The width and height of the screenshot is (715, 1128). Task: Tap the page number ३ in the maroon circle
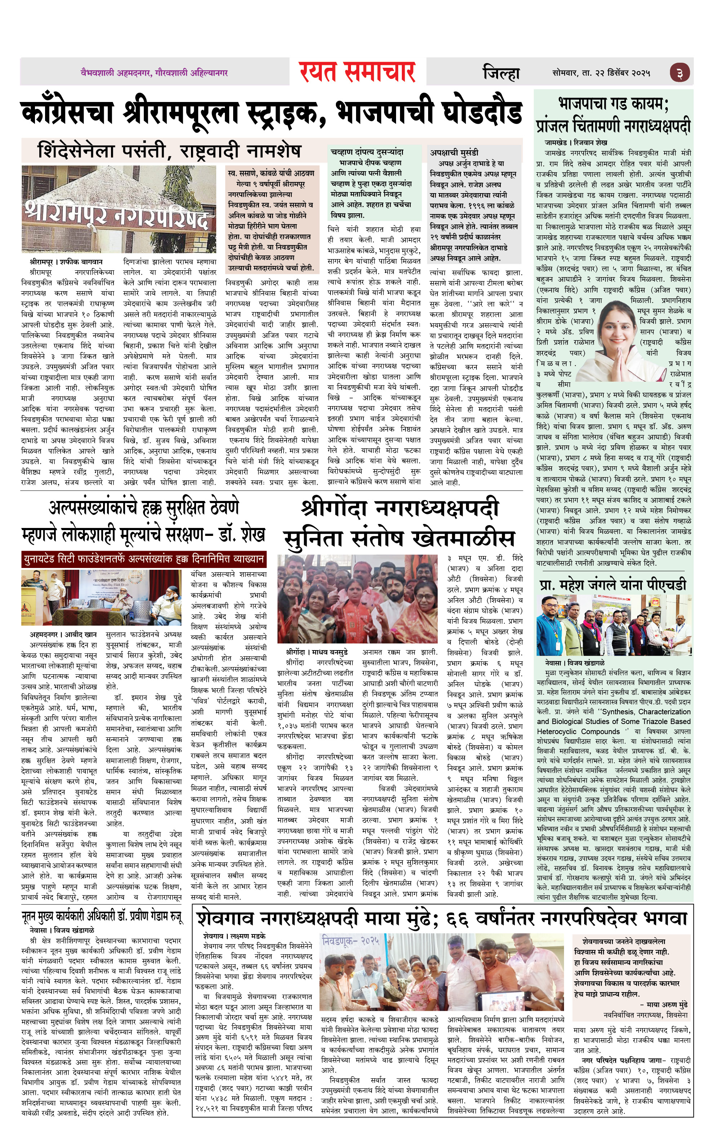tap(679, 74)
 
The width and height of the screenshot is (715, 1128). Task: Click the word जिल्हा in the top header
tap(501, 73)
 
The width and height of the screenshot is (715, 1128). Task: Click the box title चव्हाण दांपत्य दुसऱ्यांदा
tap(367, 152)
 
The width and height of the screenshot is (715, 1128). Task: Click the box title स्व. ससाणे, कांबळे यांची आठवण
tap(271, 173)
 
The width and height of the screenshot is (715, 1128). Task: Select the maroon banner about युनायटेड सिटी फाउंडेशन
tap(143, 558)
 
